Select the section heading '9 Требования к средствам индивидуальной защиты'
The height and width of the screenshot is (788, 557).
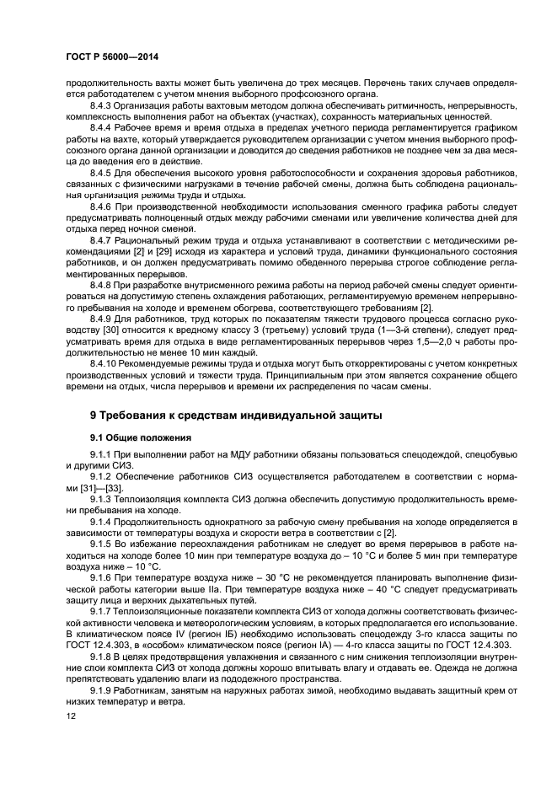(236, 416)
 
